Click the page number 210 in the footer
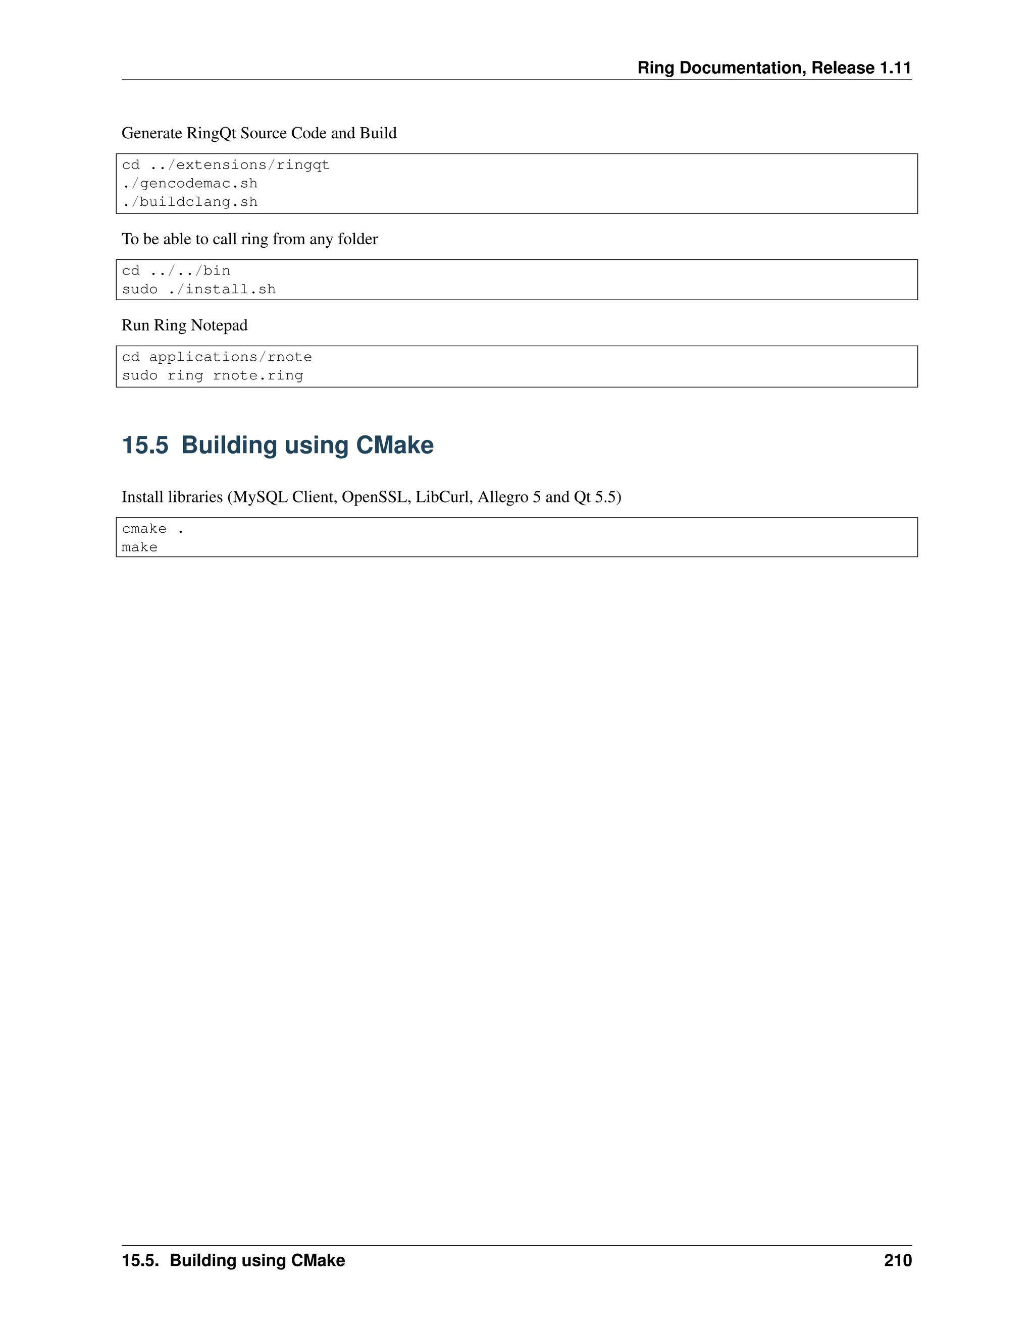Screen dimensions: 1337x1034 [x=897, y=1260]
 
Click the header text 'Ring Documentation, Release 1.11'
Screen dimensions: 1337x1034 [x=774, y=68]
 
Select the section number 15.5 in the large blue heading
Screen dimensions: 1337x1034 [x=144, y=445]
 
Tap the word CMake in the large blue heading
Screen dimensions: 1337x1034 [x=394, y=445]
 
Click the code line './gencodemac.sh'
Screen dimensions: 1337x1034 [x=189, y=184]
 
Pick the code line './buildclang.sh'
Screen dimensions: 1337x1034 [x=189, y=202]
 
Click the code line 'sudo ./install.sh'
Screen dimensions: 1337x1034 [x=198, y=290]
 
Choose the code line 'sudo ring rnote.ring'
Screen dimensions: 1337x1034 [x=212, y=376]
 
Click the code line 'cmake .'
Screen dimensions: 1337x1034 [x=152, y=529]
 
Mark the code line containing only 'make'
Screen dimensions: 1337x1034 [x=140, y=547]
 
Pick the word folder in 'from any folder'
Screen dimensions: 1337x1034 [x=358, y=239]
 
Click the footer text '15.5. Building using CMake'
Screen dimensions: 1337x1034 [x=233, y=1260]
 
